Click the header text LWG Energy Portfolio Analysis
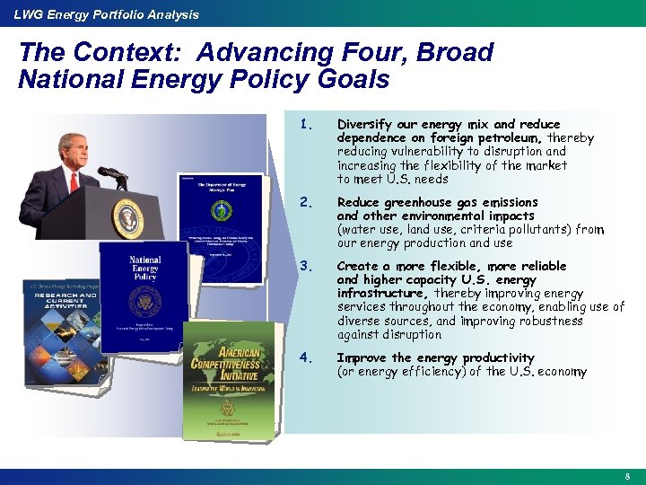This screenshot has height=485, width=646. coord(100,14)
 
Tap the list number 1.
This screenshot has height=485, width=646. coord(306,124)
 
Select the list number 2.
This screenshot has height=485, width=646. coord(306,202)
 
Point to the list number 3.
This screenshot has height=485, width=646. coord(306,266)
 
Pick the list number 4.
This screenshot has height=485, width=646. coord(306,357)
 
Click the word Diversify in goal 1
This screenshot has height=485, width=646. coord(363,124)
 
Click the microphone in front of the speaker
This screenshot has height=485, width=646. coord(111,172)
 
